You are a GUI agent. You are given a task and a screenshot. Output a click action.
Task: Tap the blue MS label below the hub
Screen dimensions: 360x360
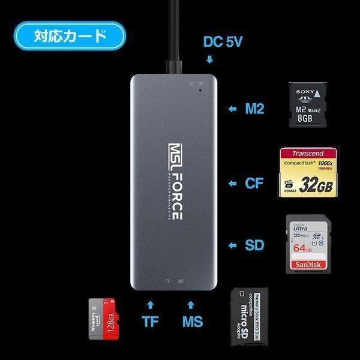click(193, 322)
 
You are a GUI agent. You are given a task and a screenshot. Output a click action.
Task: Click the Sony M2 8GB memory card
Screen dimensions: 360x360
click(307, 104)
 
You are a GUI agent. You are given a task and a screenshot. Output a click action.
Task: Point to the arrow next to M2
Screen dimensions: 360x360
click(232, 110)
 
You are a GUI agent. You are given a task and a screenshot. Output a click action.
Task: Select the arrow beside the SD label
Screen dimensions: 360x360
click(232, 245)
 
